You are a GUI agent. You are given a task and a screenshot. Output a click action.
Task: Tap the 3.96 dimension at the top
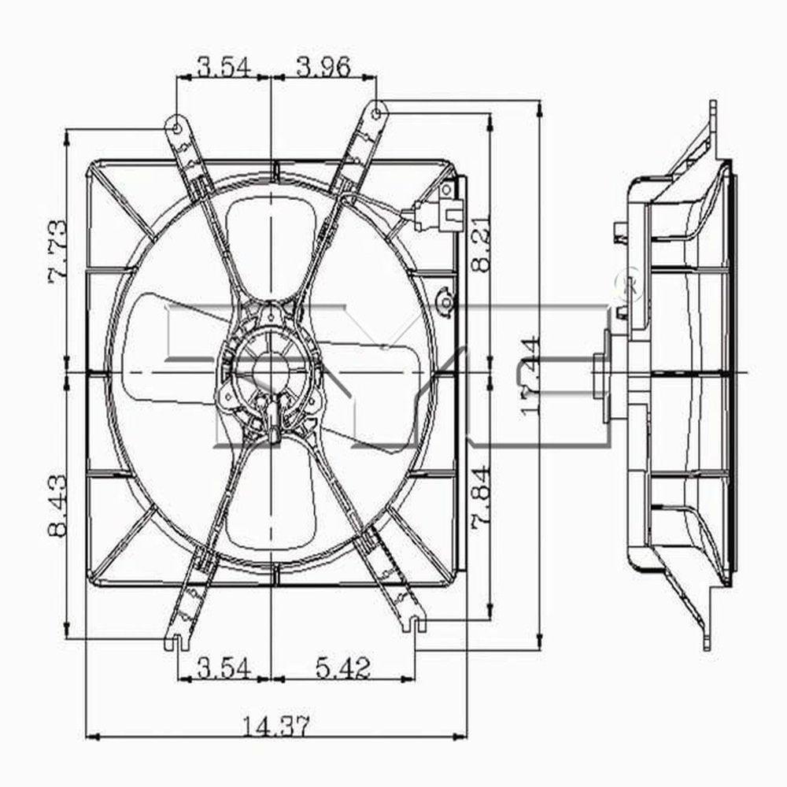coord(323,67)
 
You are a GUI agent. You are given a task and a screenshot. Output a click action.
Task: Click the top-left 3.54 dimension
coord(224,67)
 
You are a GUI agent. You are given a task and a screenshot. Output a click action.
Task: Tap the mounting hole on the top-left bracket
coord(177,126)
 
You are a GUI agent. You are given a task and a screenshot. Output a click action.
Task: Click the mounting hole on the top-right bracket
coord(376,113)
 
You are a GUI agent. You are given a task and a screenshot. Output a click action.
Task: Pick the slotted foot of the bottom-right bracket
coord(416,623)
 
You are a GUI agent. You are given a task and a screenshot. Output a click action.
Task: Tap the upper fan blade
coord(268,244)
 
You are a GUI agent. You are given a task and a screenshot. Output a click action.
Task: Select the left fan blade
coord(169,346)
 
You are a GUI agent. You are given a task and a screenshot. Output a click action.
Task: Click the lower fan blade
coord(268,504)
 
